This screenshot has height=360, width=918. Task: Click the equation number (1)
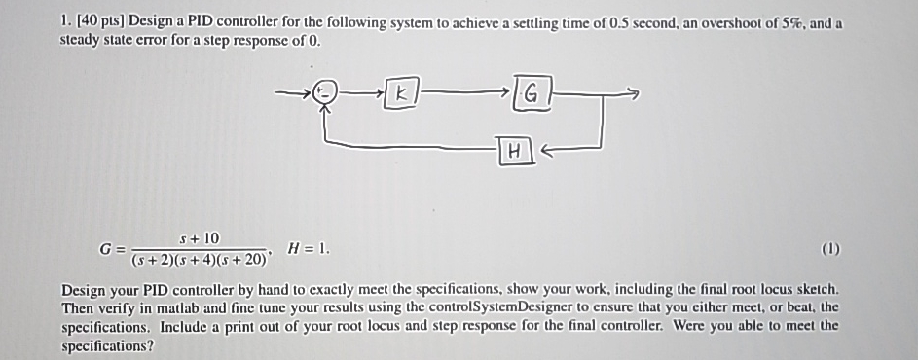click(x=829, y=249)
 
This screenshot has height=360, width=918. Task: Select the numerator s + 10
click(x=200, y=238)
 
